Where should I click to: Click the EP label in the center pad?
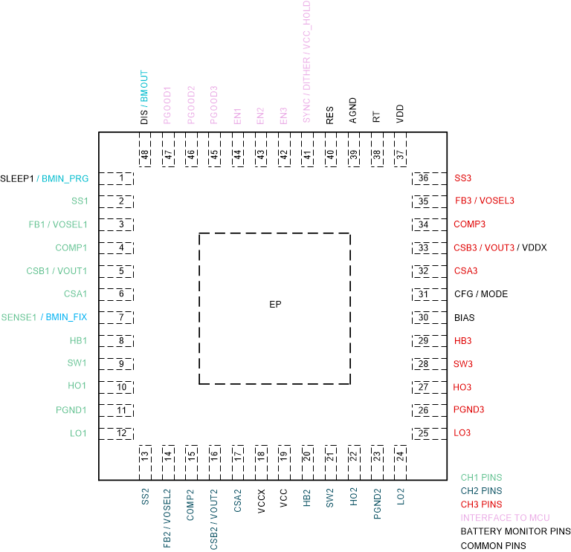click(x=275, y=305)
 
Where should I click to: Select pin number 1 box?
click(x=120, y=178)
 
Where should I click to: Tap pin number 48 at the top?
click(x=144, y=155)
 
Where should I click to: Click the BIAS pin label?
click(x=465, y=317)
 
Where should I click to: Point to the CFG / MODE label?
click(x=481, y=294)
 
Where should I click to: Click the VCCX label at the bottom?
click(x=261, y=497)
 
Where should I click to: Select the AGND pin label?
click(x=353, y=110)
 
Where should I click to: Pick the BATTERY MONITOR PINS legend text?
click(x=515, y=532)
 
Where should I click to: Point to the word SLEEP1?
click(x=17, y=178)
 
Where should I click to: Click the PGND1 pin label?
click(x=71, y=410)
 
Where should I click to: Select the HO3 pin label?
click(x=462, y=387)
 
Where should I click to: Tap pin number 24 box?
click(x=400, y=455)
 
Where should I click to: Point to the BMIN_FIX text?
click(x=66, y=317)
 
